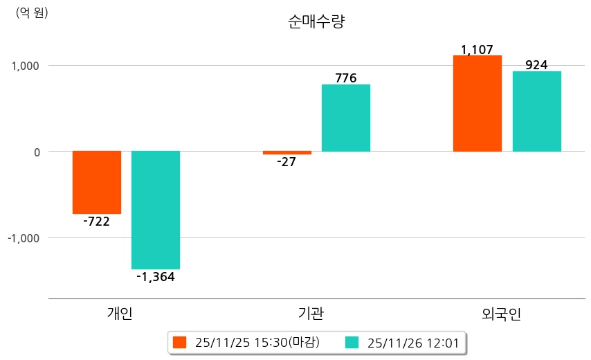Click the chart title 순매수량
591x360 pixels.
316,21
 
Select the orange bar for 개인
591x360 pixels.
97,182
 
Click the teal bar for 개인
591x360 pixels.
156,210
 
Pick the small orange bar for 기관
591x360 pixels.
287,152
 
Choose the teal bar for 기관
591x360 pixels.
346,118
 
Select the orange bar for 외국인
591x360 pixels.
478,103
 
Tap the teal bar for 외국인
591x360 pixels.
537,111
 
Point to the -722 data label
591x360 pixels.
96,222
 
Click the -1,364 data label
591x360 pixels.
156,278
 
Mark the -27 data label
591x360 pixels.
287,163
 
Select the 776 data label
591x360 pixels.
346,78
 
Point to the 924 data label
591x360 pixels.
536,65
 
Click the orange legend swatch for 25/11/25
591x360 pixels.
180,342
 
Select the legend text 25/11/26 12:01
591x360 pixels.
413,342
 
